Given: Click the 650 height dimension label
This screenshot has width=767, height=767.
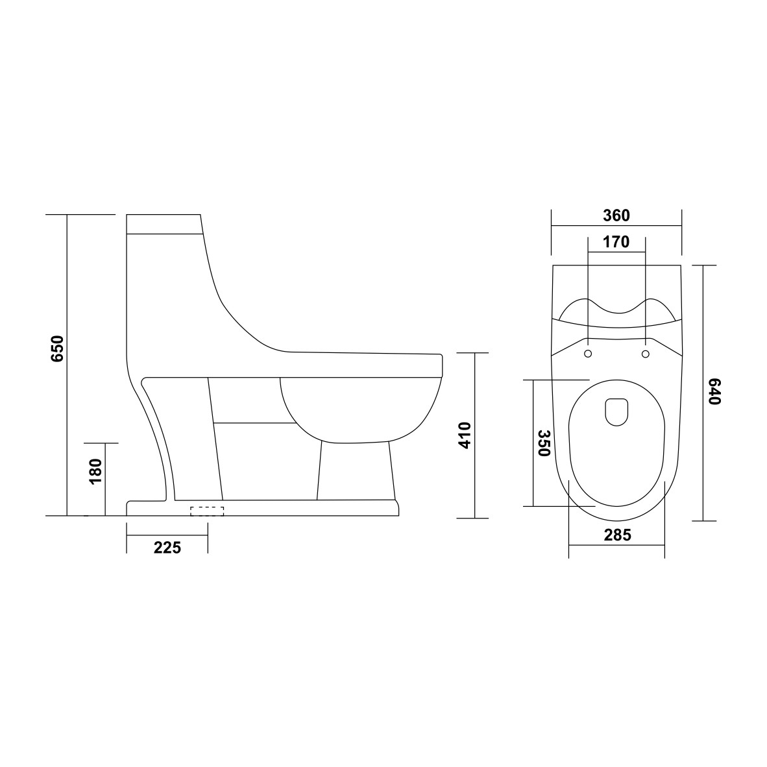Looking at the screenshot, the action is [57, 348].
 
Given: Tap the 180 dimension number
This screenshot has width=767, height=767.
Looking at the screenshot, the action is [95, 472].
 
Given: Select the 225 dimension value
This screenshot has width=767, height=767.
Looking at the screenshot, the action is [167, 548].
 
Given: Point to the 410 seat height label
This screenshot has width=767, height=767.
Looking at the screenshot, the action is [464, 435].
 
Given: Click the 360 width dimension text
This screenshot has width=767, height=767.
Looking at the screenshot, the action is [616, 215].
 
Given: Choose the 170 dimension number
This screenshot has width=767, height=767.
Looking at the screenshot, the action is [616, 241].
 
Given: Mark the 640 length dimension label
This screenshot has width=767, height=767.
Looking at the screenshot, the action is [714, 391].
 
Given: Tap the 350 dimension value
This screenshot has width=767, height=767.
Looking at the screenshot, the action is [544, 443].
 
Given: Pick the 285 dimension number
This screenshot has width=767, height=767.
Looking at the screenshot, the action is [617, 535].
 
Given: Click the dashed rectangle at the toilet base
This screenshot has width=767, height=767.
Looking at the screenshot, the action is [207, 511].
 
